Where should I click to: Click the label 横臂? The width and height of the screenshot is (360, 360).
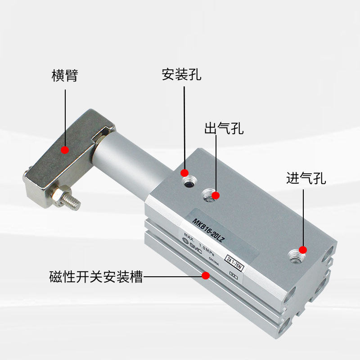coord(65,76)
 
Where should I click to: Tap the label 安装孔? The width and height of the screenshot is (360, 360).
coord(181,74)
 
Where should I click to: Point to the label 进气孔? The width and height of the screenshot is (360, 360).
coord(306,178)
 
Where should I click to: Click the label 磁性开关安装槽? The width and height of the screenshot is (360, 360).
coord(96,276)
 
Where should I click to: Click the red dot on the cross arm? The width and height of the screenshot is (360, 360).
coord(65,149)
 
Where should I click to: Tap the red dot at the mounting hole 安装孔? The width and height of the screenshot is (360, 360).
coord(184,173)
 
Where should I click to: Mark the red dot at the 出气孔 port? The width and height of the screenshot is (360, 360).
coord(216,195)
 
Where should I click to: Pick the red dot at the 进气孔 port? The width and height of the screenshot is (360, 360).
coord(303,250)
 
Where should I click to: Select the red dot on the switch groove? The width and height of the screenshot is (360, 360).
coord(206,275)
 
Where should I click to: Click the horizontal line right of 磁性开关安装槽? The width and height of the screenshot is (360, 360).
coord(173,276)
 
